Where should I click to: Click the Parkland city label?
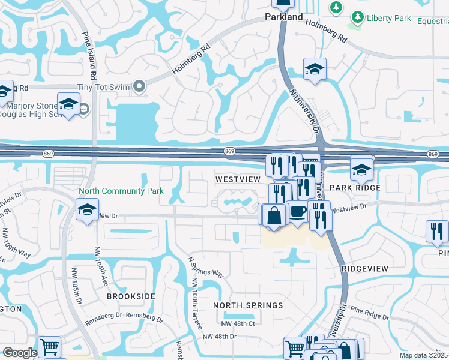pos(284,17)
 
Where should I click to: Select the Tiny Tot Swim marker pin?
pos(140,88)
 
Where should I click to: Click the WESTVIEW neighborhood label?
pos(238,179)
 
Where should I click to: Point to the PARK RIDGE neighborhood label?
pos(359,188)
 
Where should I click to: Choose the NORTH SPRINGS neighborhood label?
pos(249,305)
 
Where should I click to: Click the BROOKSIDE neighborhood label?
pos(131,296)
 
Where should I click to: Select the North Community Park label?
pos(121,191)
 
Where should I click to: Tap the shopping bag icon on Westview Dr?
pos(274,215)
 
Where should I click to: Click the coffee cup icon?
pos(297,212)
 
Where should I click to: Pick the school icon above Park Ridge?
pos(361,169)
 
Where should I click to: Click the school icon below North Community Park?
pos(87,210)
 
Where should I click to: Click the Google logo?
pos(20,353)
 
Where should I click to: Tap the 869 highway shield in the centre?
pos(229,151)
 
